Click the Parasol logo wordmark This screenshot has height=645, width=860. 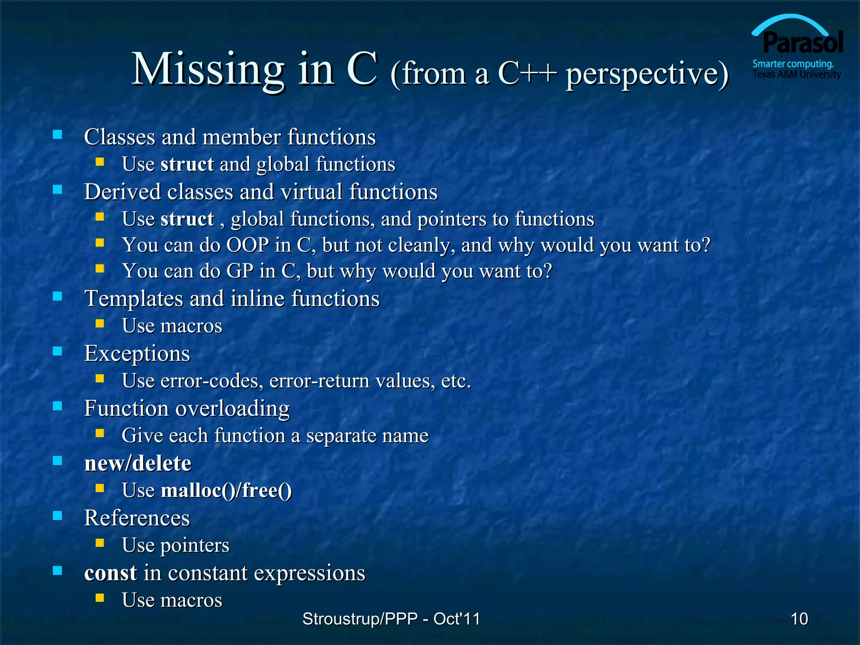(x=802, y=43)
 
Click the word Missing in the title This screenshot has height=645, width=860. (x=208, y=69)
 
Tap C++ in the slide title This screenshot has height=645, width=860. (x=527, y=73)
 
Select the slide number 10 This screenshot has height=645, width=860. (x=799, y=619)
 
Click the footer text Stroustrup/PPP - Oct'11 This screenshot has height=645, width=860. (x=391, y=619)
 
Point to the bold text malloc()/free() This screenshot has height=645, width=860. (x=226, y=490)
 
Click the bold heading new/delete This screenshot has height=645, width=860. (x=138, y=463)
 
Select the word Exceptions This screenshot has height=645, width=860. (x=137, y=354)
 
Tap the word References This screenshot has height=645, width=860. (x=137, y=518)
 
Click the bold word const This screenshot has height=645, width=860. (x=110, y=573)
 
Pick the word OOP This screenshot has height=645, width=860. (x=248, y=245)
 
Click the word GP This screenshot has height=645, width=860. (x=240, y=271)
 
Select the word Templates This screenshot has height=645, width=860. (x=134, y=299)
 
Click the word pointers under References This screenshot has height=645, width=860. (x=195, y=545)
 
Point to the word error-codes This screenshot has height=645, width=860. (x=212, y=381)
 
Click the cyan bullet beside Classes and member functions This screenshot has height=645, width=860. (x=58, y=135)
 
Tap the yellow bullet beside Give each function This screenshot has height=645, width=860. (x=100, y=433)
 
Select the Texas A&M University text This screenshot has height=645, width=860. (x=797, y=74)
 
